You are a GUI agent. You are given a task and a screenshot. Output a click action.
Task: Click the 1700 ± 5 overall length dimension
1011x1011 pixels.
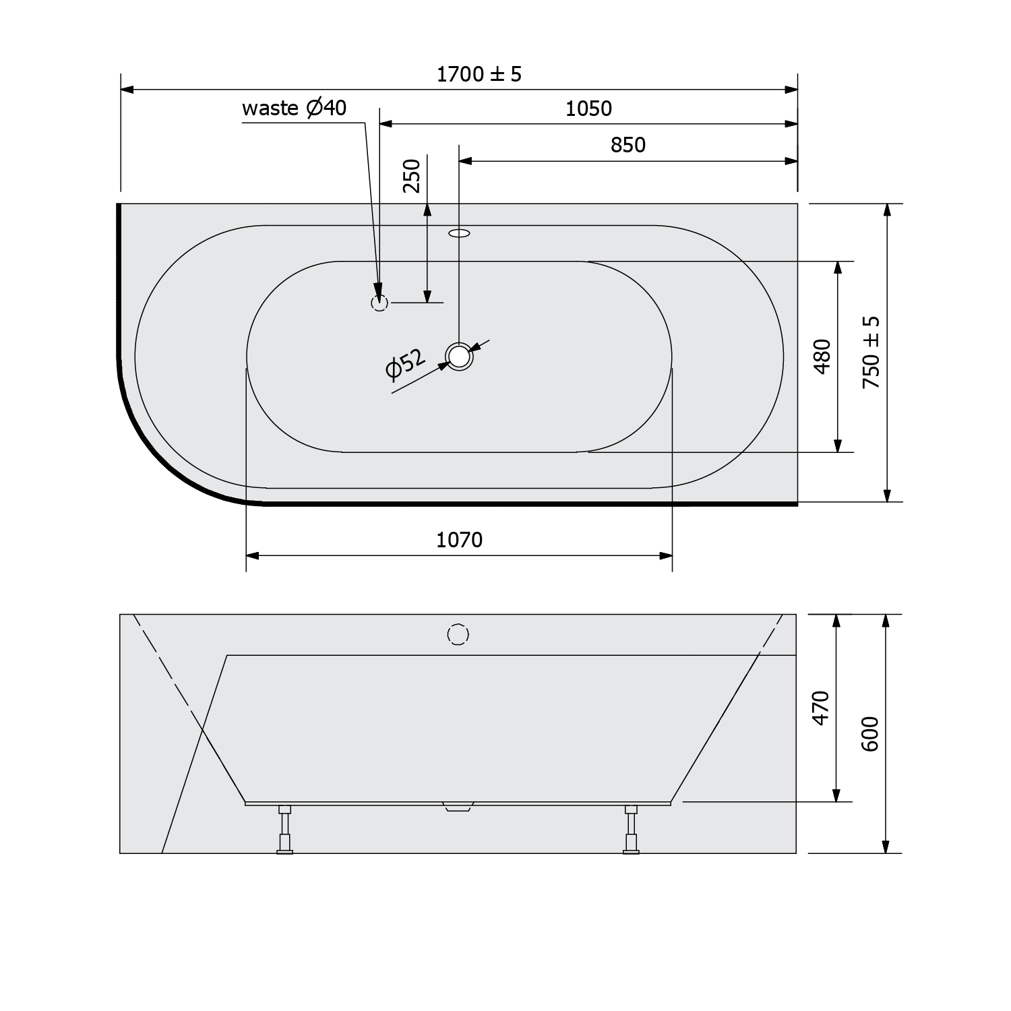tap(479, 74)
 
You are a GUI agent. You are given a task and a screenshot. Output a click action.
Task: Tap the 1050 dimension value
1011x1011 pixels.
tap(588, 109)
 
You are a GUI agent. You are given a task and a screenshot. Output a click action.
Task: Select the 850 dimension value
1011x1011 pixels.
tap(628, 145)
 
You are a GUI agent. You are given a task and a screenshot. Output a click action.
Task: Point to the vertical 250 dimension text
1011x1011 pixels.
tap(412, 176)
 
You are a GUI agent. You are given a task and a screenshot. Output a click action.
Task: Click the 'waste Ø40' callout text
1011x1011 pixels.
tap(294, 108)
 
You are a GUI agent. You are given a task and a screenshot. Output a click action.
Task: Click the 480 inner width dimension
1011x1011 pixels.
tap(822, 356)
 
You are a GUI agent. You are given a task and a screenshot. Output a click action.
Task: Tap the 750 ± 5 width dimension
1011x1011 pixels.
tap(872, 352)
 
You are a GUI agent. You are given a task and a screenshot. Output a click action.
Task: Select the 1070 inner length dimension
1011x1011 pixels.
tap(460, 540)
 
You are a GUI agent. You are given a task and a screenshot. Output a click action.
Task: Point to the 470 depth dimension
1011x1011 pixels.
tap(820, 708)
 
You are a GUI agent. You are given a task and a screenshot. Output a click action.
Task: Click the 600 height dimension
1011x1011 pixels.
tap(870, 734)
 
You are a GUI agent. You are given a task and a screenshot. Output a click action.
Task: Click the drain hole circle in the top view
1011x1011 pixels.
tap(459, 357)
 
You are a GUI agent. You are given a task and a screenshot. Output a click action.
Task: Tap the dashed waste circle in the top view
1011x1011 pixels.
tap(379, 303)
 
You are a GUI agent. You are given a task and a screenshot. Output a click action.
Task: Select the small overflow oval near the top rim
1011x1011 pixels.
tap(460, 234)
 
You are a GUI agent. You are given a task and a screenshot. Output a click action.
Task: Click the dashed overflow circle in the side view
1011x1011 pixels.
tap(458, 634)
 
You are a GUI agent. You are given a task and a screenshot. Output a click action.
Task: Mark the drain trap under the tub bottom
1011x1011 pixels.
tap(458, 807)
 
